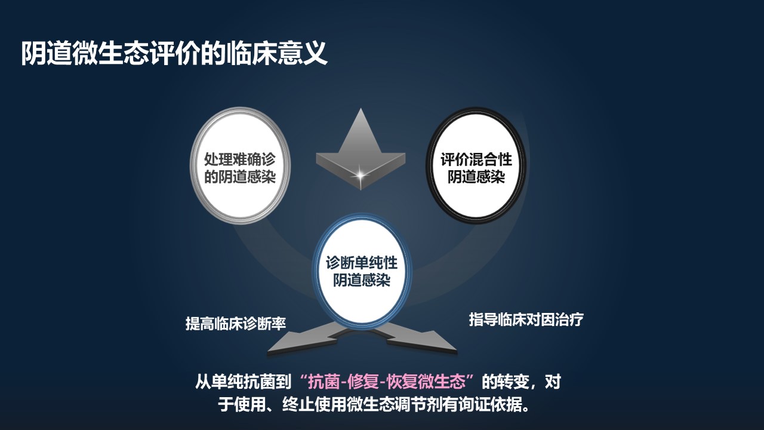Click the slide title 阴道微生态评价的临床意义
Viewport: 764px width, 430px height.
pos(174,53)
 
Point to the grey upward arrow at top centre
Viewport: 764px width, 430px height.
pos(360,143)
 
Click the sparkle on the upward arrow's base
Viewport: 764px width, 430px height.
pos(361,174)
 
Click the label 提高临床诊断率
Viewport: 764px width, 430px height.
pos(236,324)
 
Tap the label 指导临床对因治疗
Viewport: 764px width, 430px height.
pos(526,320)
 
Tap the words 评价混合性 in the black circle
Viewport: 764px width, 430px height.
pos(476,160)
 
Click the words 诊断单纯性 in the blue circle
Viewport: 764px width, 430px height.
pos(361,263)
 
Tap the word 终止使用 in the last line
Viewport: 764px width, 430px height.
pos(304,406)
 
